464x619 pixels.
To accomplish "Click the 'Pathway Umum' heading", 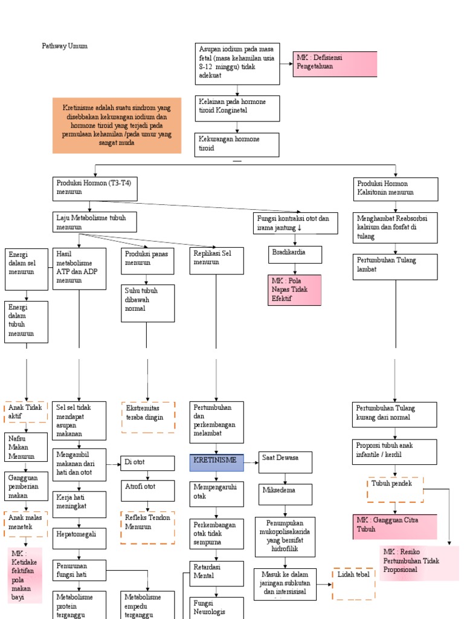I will pos(65,46).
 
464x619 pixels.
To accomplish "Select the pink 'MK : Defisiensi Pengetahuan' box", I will pos(334,63).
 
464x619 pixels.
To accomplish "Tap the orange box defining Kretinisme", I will pos(117,125).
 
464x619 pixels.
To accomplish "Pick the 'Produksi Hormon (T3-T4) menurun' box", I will pos(95,189).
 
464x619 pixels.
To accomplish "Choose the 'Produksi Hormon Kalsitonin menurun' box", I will pos(395,189).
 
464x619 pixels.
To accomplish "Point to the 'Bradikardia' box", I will pos(294,253).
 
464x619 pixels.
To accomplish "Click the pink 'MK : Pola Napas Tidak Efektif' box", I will pos(294,290).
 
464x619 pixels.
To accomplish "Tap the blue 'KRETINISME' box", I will pos(217,462).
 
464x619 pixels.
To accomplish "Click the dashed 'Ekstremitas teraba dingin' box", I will pos(148,417).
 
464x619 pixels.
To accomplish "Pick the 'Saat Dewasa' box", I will pos(285,462).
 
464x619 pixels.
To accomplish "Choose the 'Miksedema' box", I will pos(285,494).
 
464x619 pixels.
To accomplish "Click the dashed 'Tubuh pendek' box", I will pos(395,490).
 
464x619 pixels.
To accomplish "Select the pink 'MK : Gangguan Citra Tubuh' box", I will pos(395,526).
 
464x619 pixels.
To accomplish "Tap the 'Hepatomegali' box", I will pos(79,537).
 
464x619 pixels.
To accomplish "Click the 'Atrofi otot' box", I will pos(147,490).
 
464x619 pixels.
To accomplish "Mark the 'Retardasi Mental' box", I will pos(217,572).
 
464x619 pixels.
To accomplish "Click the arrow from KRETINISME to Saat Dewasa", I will pos(252,463).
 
